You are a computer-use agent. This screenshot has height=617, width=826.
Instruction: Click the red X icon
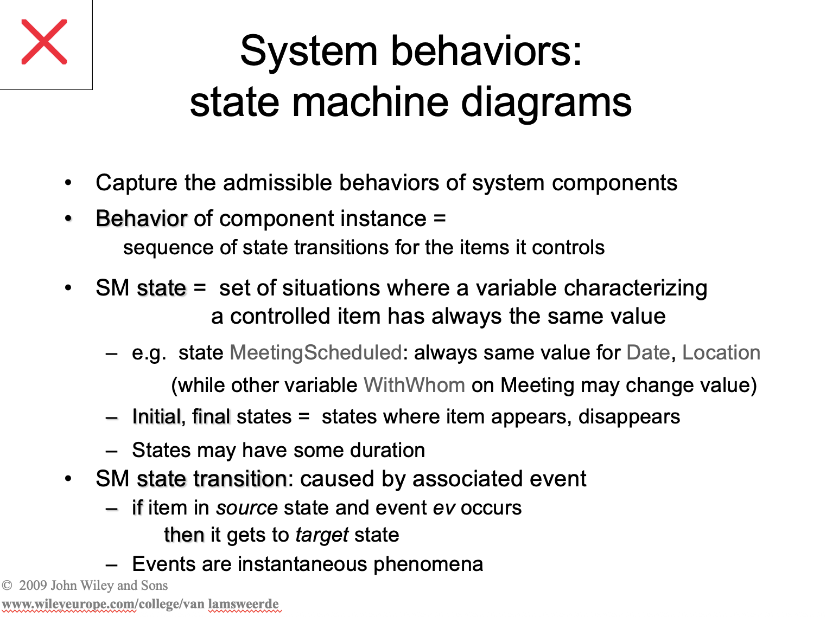click(x=45, y=42)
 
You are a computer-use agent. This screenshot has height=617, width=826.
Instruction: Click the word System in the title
click(x=308, y=52)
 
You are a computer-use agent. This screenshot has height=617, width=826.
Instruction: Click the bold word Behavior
click(x=141, y=219)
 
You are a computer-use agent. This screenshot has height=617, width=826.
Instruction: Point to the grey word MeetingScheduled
click(x=315, y=353)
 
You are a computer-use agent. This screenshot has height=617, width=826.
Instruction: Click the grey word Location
click(x=721, y=353)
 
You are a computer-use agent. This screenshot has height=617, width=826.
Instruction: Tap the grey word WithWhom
click(x=414, y=385)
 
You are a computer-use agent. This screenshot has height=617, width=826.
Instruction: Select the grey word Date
click(x=648, y=353)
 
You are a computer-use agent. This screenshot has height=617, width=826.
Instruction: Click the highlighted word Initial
click(x=156, y=417)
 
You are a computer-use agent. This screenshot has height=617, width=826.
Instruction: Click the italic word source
click(x=247, y=508)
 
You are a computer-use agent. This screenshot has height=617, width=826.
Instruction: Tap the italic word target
click(x=322, y=535)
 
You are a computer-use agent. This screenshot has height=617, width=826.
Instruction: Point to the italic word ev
click(x=444, y=508)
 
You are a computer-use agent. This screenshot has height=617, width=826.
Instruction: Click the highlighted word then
click(x=184, y=535)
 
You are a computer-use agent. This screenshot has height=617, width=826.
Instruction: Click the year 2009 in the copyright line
click(x=33, y=586)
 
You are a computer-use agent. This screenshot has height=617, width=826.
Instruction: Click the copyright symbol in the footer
click(x=7, y=586)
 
